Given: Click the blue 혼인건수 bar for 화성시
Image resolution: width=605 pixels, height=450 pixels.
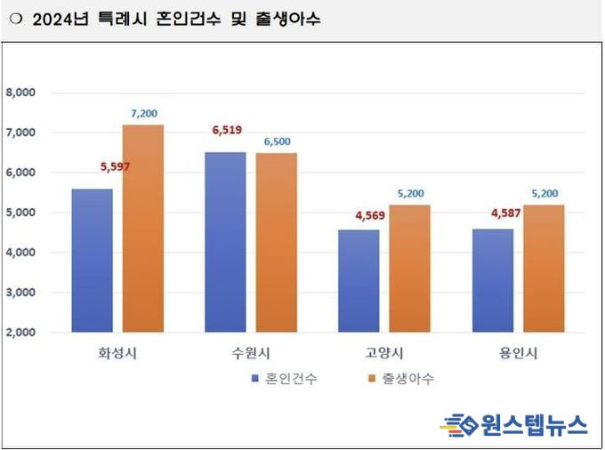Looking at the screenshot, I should (x=93, y=261).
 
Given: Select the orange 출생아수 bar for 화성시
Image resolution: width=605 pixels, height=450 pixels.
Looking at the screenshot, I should (x=143, y=229).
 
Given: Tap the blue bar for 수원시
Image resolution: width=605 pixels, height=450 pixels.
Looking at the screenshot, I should (x=226, y=242).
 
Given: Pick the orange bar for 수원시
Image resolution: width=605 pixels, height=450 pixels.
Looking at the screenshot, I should (x=277, y=243).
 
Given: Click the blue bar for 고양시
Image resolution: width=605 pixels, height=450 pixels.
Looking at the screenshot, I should (x=359, y=281).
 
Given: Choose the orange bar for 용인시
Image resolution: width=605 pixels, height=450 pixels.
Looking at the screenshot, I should (x=543, y=269).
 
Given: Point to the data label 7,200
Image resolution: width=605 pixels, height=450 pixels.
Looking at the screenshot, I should (x=142, y=114).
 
